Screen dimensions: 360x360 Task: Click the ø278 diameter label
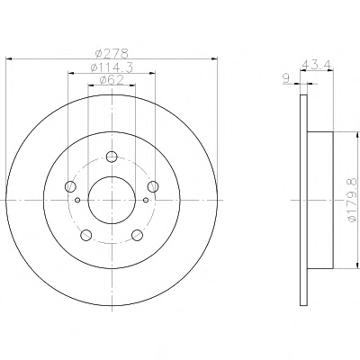point(112,53)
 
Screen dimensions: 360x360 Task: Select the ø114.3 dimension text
point(112,67)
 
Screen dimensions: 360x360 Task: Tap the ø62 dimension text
point(112,80)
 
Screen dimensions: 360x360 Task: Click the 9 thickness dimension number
point(286,79)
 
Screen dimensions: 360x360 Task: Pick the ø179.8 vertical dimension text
point(352,200)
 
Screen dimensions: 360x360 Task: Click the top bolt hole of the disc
point(112,157)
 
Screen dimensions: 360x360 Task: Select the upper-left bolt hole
point(70,186)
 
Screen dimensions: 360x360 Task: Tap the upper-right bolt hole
point(153,186)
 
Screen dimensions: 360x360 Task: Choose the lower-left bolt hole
point(86,235)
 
